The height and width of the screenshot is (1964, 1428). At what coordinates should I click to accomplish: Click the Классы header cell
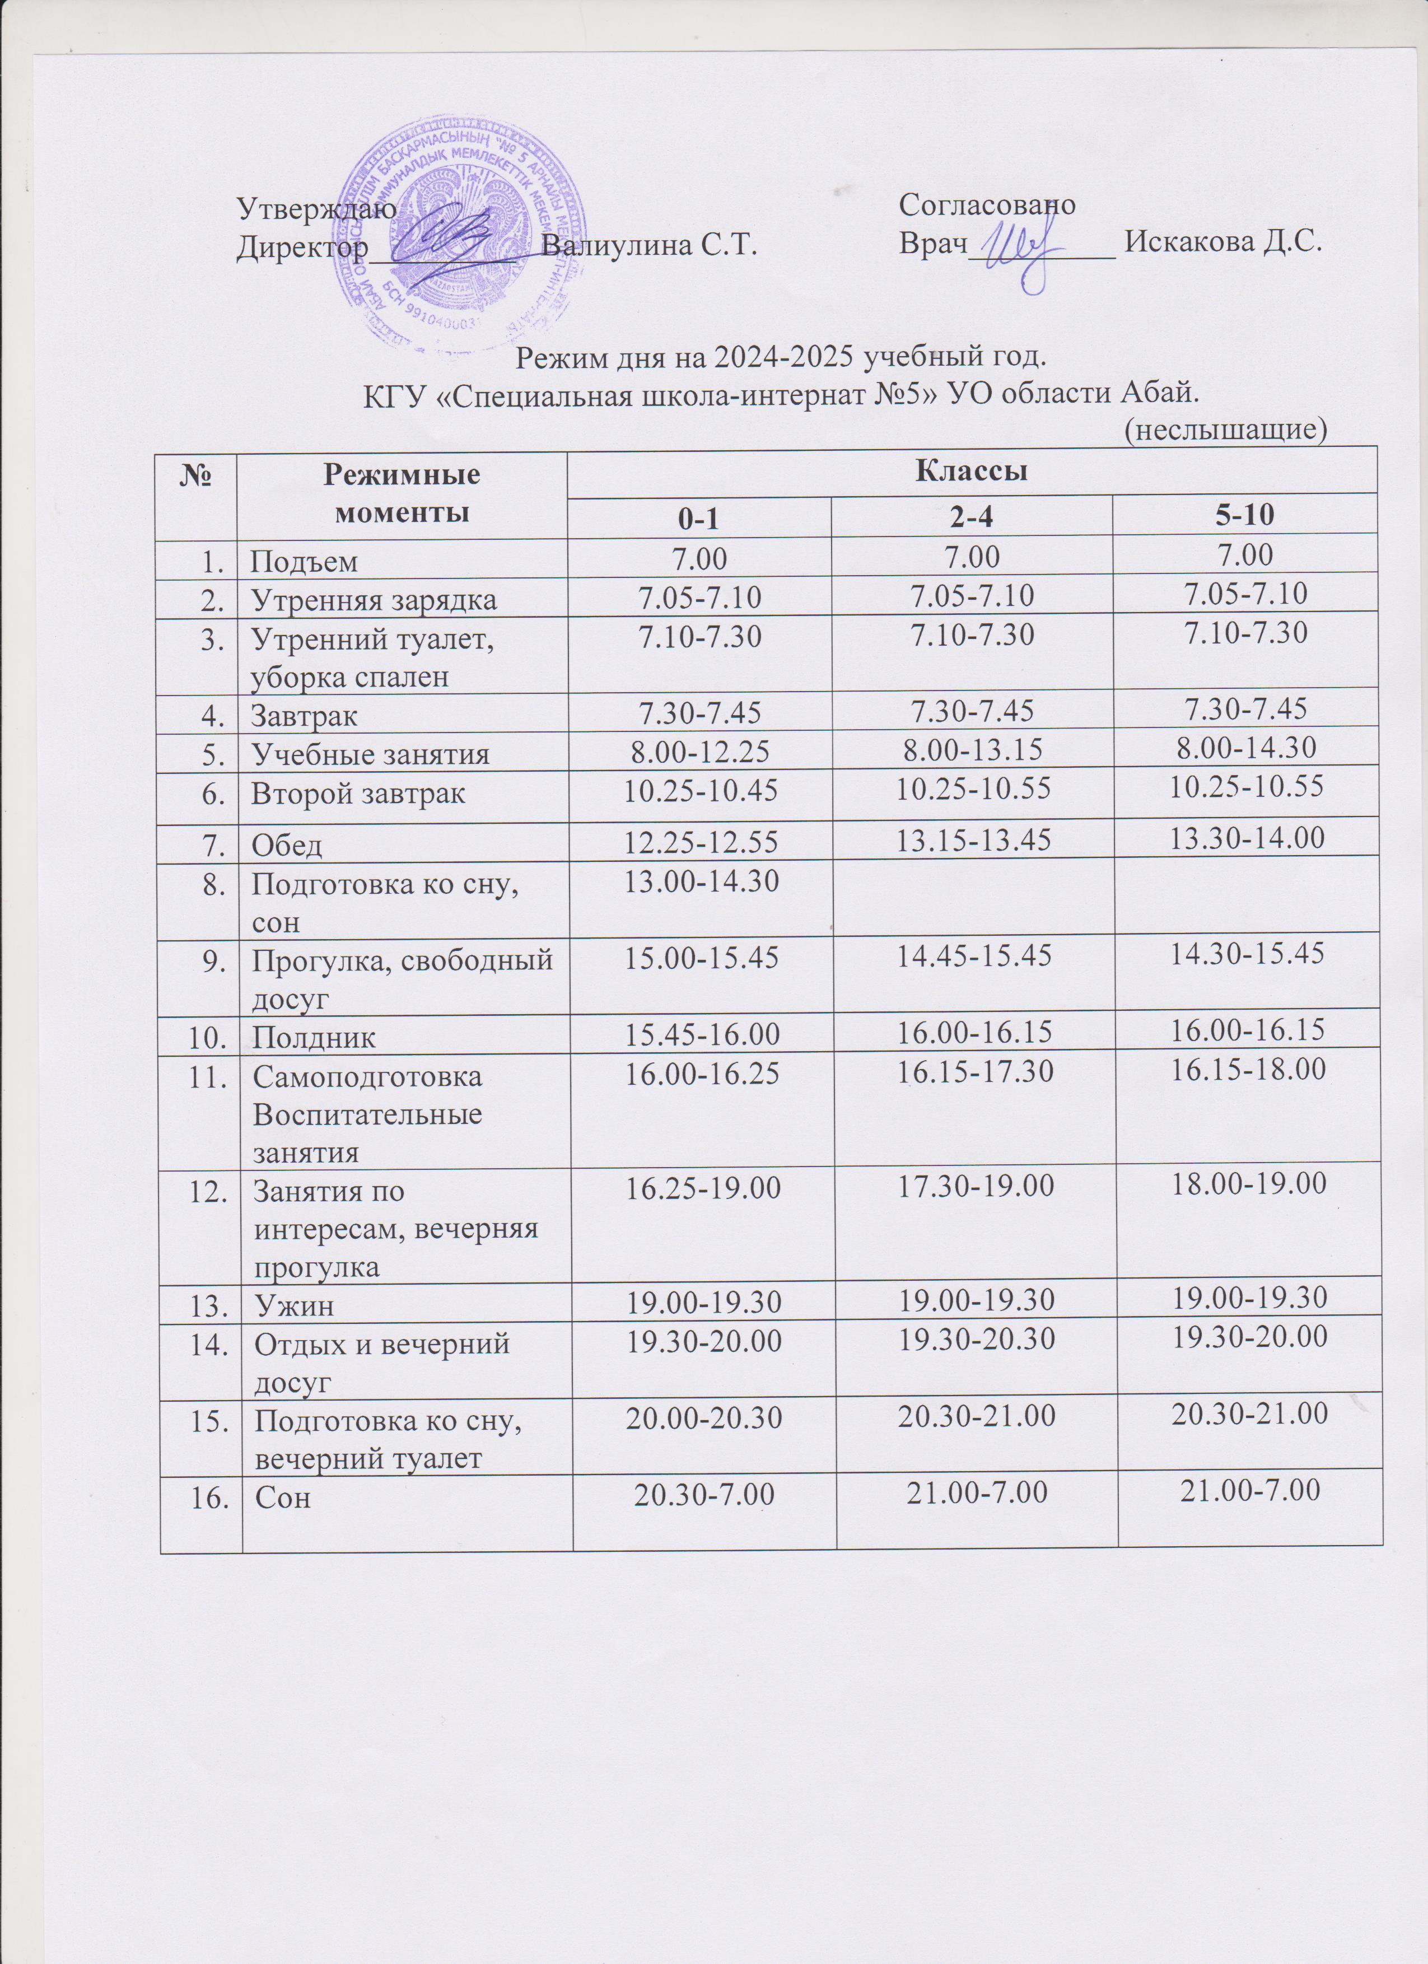point(972,472)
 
